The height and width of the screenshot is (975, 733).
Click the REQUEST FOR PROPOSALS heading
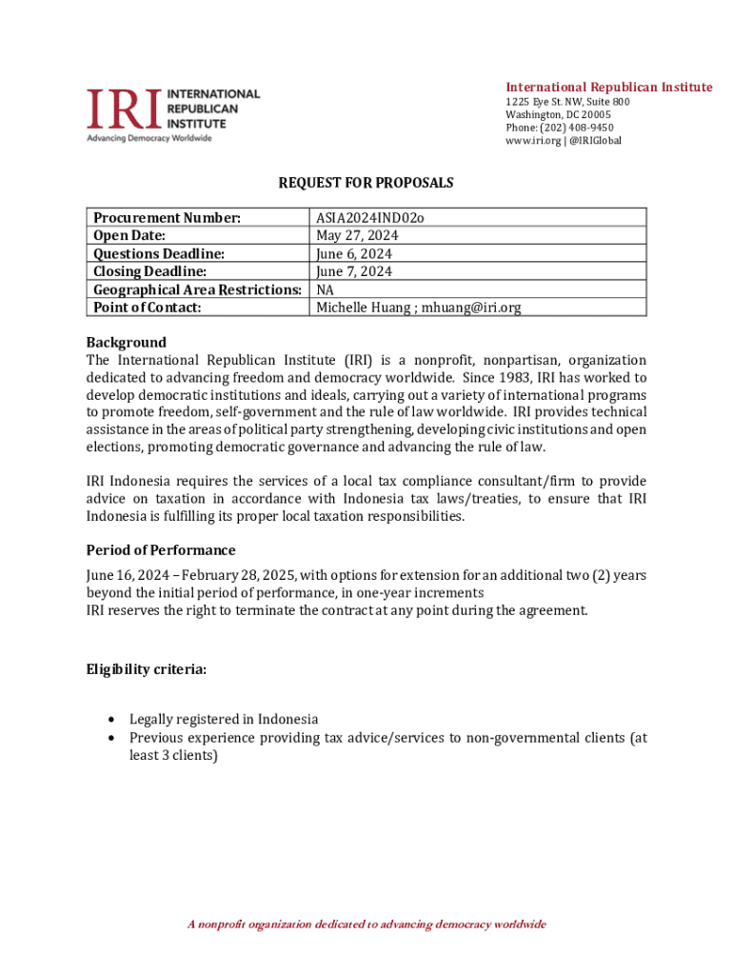(366, 182)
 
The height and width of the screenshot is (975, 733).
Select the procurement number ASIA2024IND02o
(369, 218)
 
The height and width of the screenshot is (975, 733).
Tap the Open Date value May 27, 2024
(357, 236)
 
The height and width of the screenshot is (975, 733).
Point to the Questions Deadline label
(159, 254)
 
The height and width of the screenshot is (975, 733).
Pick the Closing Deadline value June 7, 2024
(354, 272)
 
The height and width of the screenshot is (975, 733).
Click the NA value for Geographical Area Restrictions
(326, 289)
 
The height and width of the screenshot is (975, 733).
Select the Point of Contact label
(148, 308)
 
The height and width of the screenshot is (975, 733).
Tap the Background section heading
(126, 342)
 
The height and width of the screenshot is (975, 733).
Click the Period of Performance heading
(161, 550)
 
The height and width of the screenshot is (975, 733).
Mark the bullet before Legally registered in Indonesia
(114, 720)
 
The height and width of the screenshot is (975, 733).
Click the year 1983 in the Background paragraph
(509, 378)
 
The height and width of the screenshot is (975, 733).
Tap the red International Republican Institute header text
(608, 88)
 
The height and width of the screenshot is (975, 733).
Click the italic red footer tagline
(366, 925)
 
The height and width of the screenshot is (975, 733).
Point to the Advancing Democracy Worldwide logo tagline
(149, 138)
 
